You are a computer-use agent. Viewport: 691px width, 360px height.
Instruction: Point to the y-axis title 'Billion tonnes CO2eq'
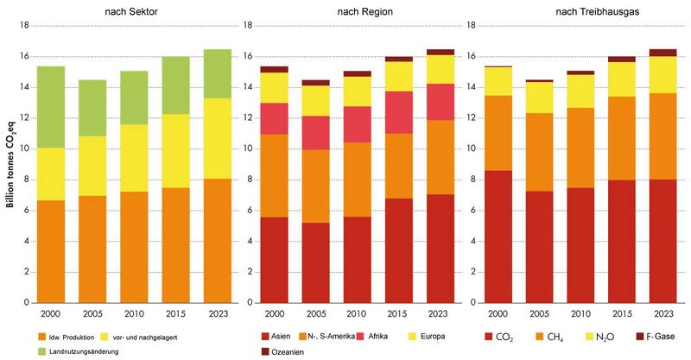[x=11, y=165]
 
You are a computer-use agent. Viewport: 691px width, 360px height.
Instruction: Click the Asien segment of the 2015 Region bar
[x=399, y=250]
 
